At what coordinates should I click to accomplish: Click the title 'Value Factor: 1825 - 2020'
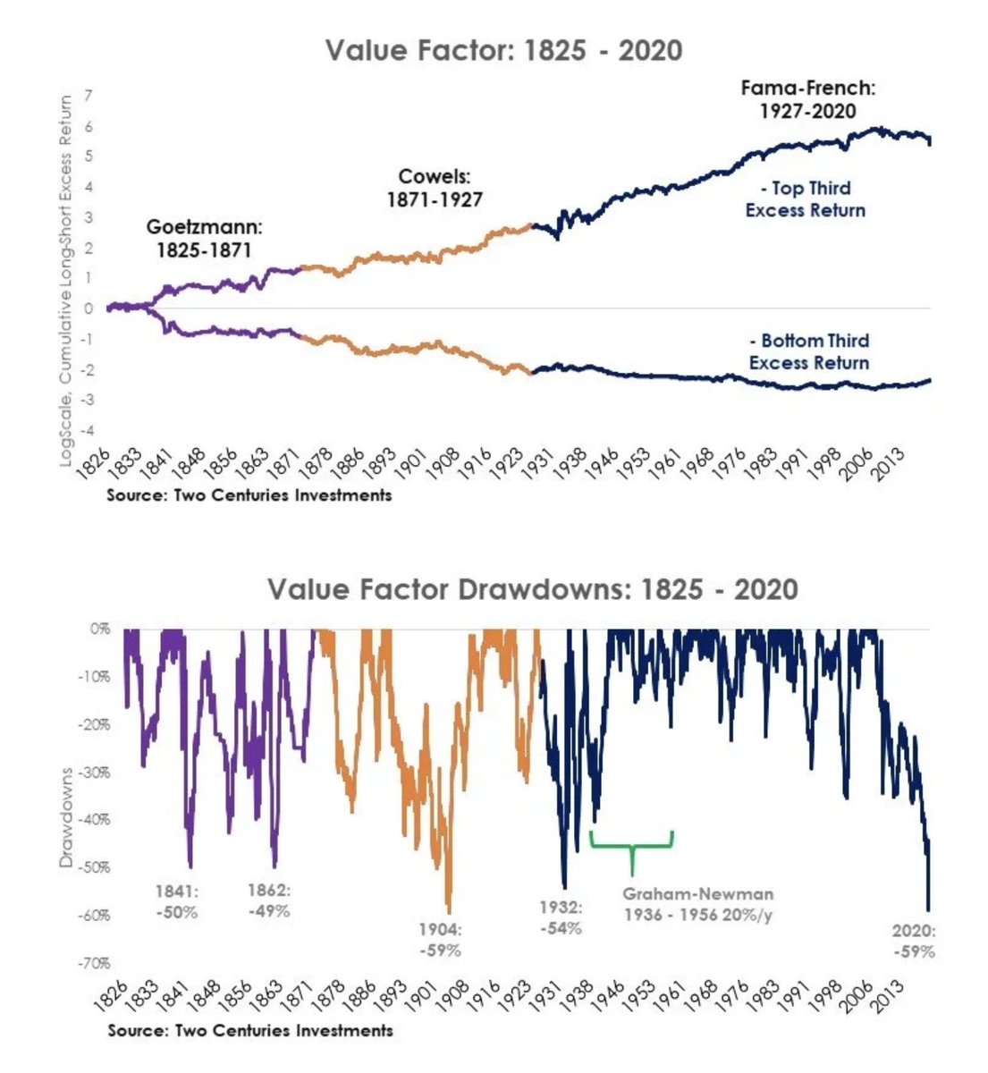(503, 49)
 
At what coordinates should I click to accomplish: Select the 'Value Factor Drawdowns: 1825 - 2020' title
(532, 589)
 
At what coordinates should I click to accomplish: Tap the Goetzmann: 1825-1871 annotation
(204, 239)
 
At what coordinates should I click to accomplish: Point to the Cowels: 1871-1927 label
(434, 188)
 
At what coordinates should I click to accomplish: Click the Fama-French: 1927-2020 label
(807, 99)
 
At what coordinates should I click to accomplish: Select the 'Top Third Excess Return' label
(805, 199)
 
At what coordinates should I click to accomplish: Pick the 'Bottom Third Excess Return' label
(808, 351)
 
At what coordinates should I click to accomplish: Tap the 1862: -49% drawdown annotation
(268, 900)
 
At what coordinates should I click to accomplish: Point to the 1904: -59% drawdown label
(440, 940)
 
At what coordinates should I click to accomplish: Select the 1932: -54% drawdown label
(561, 917)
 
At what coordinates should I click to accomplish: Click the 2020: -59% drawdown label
(913, 941)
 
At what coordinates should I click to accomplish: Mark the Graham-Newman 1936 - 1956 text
(697, 904)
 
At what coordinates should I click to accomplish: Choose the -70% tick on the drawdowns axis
(95, 963)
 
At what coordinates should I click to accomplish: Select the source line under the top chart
(249, 494)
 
